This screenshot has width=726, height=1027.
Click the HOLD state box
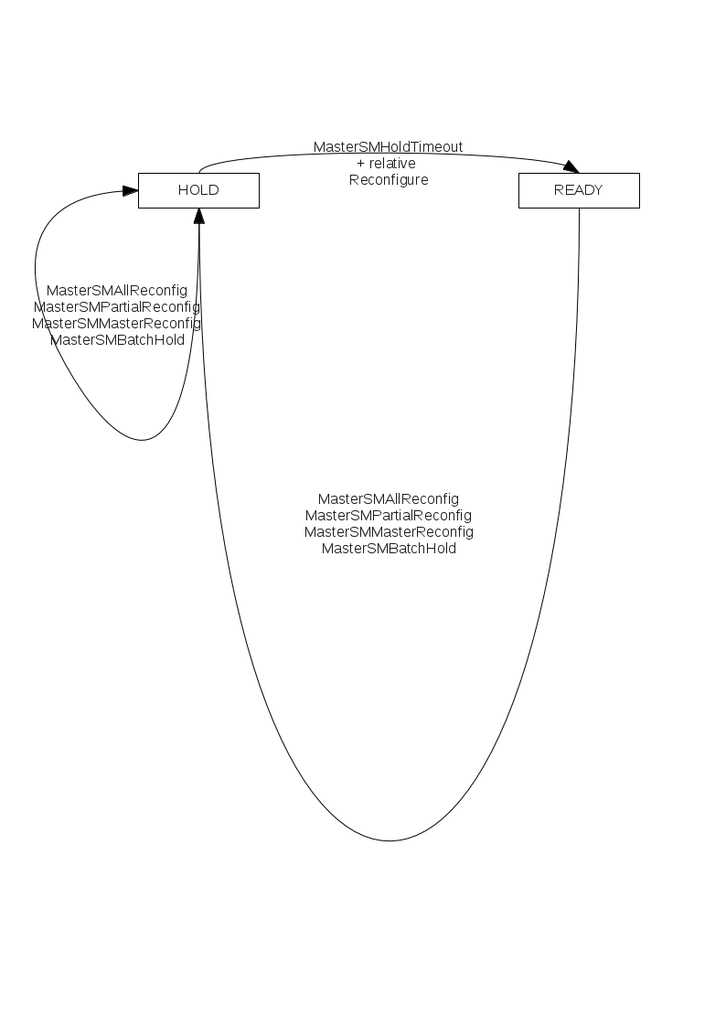click(198, 190)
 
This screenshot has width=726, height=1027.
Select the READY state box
click(579, 190)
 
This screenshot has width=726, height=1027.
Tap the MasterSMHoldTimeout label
click(389, 146)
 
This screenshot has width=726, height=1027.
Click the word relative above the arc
click(392, 163)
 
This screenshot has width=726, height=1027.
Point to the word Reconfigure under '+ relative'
click(389, 180)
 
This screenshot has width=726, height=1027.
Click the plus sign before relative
click(360, 164)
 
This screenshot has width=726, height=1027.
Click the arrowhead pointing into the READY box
click(571, 166)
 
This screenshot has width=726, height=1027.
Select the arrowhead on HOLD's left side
click(130, 190)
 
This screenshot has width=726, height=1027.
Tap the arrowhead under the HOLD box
click(199, 216)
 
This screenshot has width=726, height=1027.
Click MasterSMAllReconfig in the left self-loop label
click(116, 290)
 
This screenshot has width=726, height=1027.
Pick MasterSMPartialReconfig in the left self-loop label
click(116, 306)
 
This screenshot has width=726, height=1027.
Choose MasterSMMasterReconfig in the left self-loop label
click(116, 323)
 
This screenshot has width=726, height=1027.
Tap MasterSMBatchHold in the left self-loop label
click(117, 340)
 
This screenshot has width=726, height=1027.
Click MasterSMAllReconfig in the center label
click(389, 499)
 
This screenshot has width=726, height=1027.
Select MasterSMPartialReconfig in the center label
click(389, 516)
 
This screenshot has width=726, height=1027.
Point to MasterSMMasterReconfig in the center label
click(389, 532)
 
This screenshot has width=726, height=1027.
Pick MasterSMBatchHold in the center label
click(389, 549)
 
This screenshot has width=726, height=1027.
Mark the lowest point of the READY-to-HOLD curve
click(390, 840)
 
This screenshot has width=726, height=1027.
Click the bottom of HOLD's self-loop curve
click(142, 440)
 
